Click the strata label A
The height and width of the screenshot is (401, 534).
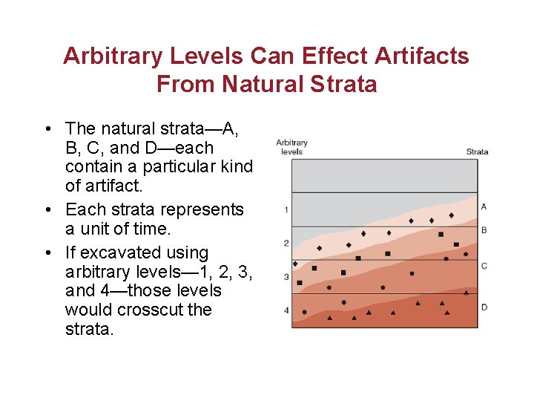[x=484, y=206]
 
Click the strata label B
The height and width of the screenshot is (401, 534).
[x=484, y=230]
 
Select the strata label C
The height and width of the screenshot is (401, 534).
[x=484, y=265]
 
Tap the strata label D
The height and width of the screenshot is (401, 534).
[x=484, y=307]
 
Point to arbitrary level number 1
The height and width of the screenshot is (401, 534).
[x=286, y=210]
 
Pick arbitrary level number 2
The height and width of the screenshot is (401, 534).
[x=286, y=243]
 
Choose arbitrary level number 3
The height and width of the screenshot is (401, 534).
[x=286, y=277]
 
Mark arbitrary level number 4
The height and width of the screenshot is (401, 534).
[x=286, y=310]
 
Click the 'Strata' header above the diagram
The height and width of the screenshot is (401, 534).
[x=477, y=151]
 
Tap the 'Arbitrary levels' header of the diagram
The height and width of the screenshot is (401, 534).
[x=291, y=147]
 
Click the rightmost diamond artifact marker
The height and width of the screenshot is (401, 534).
[x=452, y=215]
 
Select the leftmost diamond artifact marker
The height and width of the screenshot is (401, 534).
[x=295, y=264]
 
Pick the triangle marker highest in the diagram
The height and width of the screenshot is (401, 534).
[x=466, y=293]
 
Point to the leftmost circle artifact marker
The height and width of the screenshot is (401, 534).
[x=304, y=313]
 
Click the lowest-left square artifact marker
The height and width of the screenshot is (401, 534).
[x=300, y=283]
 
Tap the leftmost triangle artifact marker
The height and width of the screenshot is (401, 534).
[x=330, y=318]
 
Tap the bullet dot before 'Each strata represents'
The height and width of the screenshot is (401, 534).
[x=47, y=210]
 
